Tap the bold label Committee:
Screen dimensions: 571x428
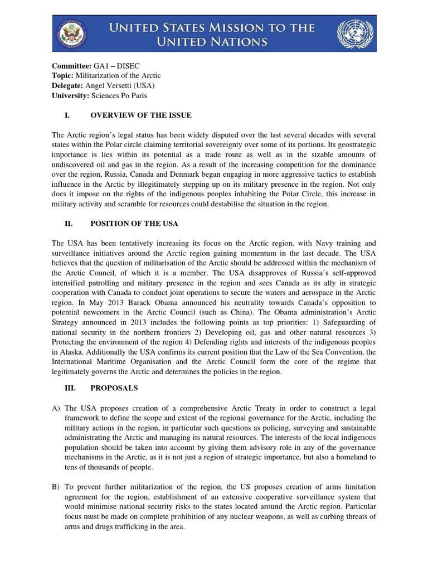click(x=72, y=66)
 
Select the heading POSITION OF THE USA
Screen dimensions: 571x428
click(x=134, y=224)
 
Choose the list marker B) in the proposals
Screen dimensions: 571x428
click(x=56, y=487)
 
